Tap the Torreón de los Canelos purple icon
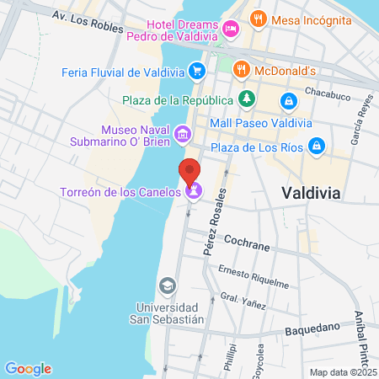pos(194,192)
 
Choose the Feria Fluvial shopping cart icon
pos(197,71)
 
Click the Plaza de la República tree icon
pos(246,100)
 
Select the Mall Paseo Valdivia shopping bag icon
pos(289,101)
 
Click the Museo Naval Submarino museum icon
pos(182,135)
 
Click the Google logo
pos(28,368)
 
